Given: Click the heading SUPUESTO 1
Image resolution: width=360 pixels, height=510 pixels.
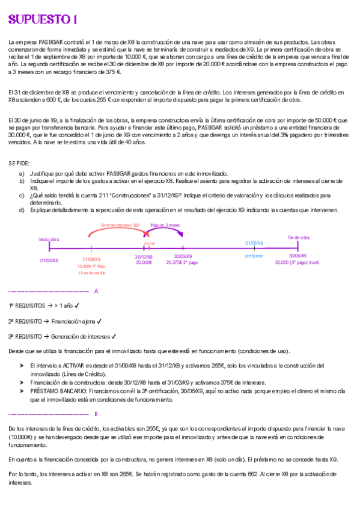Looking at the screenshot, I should [x=43, y=20].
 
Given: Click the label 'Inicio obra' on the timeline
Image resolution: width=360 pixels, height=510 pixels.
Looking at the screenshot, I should [x=49, y=239].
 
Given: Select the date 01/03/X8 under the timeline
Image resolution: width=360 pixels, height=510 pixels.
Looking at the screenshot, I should [x=49, y=260].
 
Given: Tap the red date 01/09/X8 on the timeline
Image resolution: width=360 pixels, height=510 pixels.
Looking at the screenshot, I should [x=91, y=260].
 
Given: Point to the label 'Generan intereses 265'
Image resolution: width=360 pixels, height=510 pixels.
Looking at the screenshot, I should [x=120, y=225].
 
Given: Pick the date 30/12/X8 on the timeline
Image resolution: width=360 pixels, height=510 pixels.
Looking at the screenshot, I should [x=144, y=256].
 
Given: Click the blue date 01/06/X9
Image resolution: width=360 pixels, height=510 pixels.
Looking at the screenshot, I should [x=254, y=242].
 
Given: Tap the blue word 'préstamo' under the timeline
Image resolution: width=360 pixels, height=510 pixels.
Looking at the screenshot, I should [x=254, y=256].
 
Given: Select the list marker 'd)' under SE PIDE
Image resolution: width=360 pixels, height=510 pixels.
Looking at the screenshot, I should [x=22, y=210].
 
